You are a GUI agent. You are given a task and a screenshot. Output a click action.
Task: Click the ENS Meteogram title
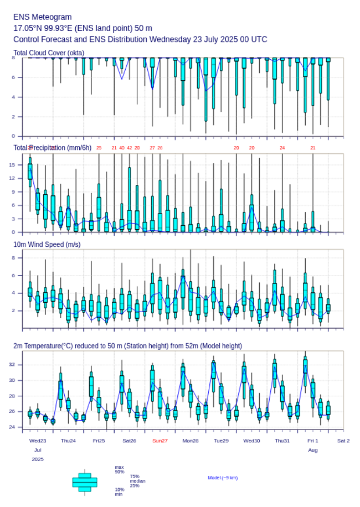[x=43, y=17]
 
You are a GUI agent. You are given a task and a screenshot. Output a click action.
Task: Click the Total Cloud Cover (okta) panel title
[x=49, y=53]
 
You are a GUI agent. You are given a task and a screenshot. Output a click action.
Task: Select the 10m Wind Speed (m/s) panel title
[x=47, y=244]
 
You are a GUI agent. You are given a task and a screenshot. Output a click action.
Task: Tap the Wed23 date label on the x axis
[x=38, y=441]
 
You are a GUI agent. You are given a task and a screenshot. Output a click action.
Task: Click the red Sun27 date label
[x=161, y=441]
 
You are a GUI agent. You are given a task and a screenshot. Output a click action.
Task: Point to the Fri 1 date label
[x=313, y=441]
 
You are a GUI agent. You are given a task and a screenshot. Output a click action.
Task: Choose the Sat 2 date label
[x=343, y=441]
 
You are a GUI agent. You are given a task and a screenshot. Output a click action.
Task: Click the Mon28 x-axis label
[x=191, y=441]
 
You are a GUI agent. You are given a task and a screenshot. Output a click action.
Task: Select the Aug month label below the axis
[x=313, y=450]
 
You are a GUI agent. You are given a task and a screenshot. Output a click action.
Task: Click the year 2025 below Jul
[x=38, y=459]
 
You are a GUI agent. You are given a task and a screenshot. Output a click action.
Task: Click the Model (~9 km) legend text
[x=223, y=477]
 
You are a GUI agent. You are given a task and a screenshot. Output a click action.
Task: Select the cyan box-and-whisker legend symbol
[x=85, y=482]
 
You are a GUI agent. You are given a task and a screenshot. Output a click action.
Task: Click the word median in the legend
[x=138, y=481]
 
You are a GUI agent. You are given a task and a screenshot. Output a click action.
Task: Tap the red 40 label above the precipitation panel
[x=122, y=148]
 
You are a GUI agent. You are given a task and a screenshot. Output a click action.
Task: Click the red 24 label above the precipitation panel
[x=282, y=148]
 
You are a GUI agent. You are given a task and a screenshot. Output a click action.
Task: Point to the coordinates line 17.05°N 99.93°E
[x=83, y=28]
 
